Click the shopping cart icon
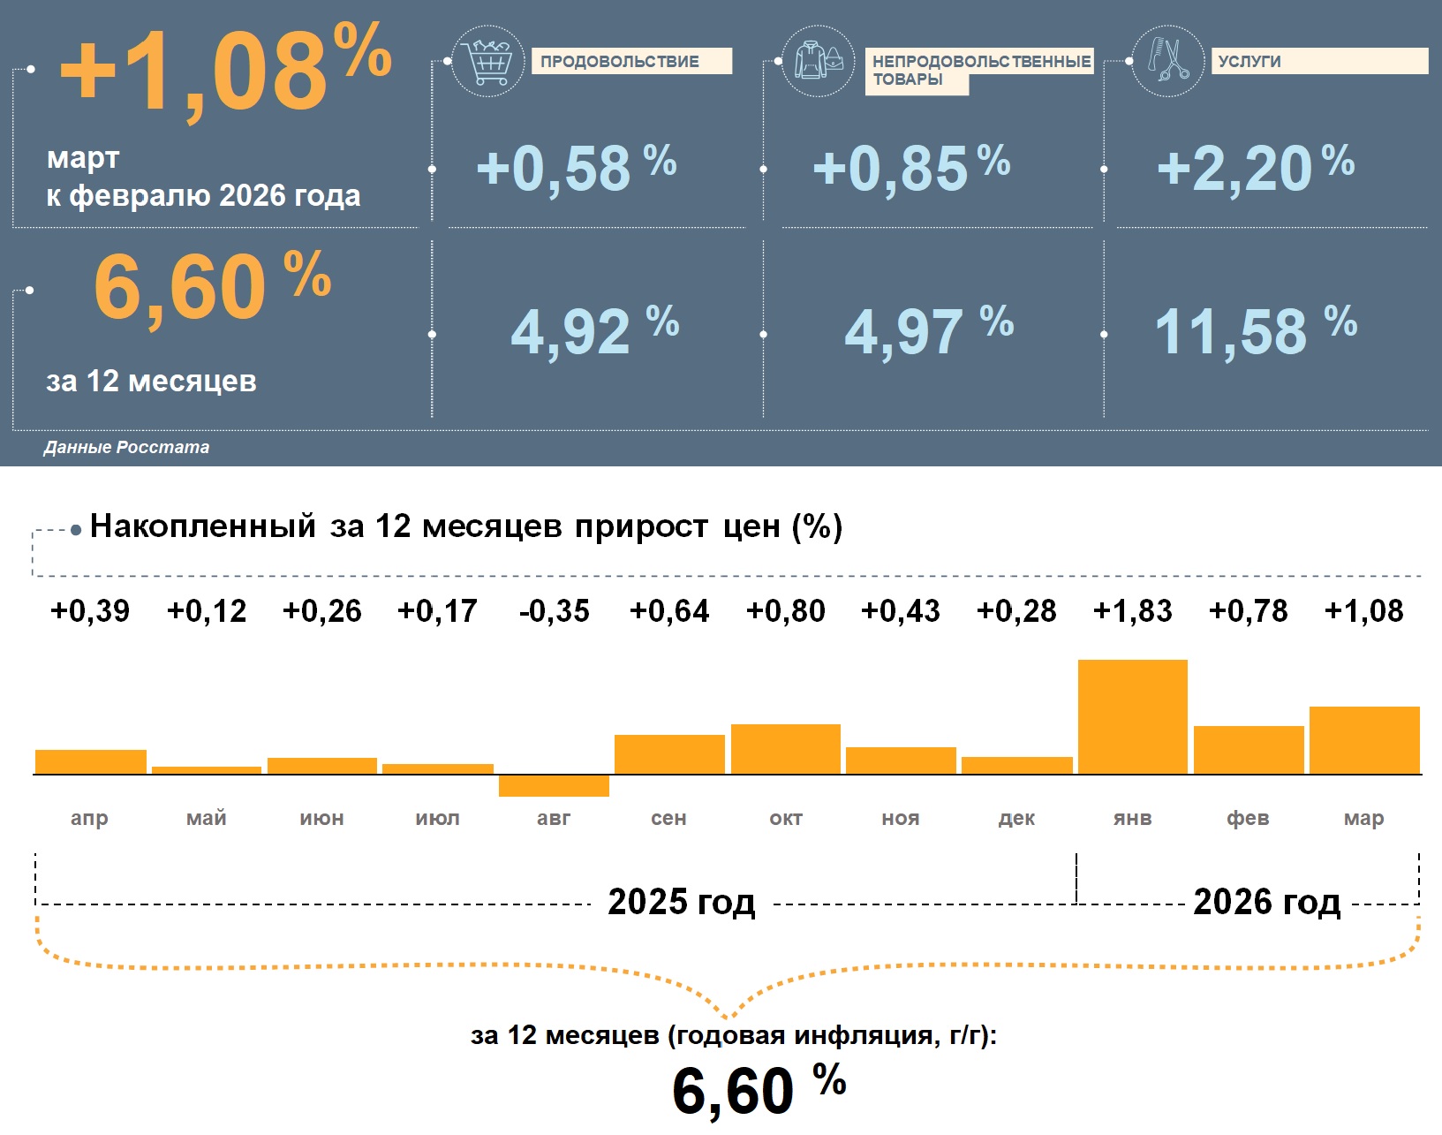(x=487, y=62)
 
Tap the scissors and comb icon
(x=1167, y=60)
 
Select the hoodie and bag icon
(x=819, y=61)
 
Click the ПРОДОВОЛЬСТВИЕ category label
(x=620, y=61)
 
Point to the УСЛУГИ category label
(x=1249, y=61)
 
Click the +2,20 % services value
(x=1255, y=168)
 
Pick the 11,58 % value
(x=1255, y=331)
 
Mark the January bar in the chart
(x=1132, y=716)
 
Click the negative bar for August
(x=554, y=785)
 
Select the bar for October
(x=785, y=749)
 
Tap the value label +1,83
(x=1132, y=610)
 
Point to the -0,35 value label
(x=554, y=610)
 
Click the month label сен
(x=668, y=818)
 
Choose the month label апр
(x=89, y=818)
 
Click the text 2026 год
(x=1266, y=902)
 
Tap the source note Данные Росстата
(x=126, y=447)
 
